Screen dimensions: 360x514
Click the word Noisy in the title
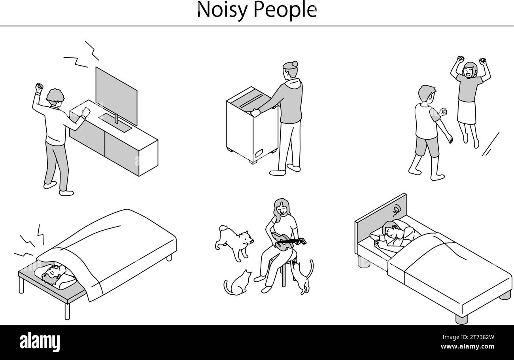coord(219,10)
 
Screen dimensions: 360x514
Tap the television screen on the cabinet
coord(116,95)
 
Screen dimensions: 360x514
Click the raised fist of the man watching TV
coord(39,87)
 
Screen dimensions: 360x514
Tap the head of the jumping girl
coord(470,70)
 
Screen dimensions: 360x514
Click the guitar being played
coord(285,241)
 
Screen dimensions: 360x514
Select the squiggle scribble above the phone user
coord(397,208)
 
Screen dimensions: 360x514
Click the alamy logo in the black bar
coord(40,342)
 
